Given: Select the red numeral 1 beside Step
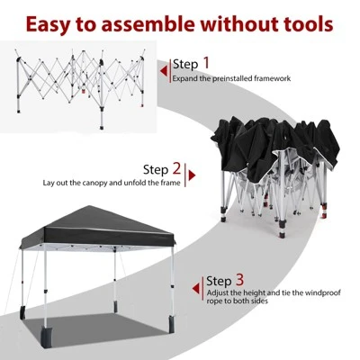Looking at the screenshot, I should tap(206, 63).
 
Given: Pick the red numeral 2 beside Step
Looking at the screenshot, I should tap(177, 167).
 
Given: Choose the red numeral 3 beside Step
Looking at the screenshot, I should tap(239, 280).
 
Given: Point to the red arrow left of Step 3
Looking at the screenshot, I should tap(195, 288).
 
